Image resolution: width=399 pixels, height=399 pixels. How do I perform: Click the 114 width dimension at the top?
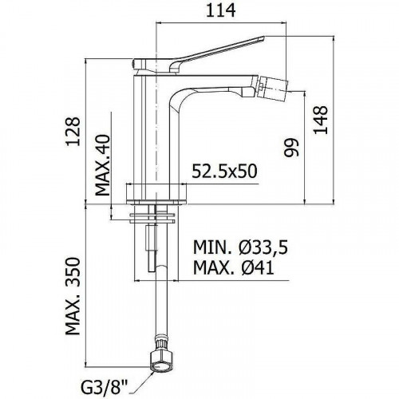coord(221,10)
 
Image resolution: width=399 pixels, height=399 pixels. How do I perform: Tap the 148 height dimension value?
coord(321,120)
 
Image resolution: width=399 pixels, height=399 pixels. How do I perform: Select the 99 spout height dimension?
coord(292,148)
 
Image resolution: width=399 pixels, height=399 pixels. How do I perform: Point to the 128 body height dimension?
coord(73,131)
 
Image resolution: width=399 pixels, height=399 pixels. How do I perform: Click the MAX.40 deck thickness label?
coord(102,165)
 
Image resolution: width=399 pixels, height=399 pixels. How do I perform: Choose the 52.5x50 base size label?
coord(224,171)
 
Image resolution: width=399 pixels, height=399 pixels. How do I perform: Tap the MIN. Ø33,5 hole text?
coord(241,247)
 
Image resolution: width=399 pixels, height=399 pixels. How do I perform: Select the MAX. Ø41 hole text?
coord(234,267)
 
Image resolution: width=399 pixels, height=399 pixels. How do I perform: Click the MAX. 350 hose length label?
coord(73,296)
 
